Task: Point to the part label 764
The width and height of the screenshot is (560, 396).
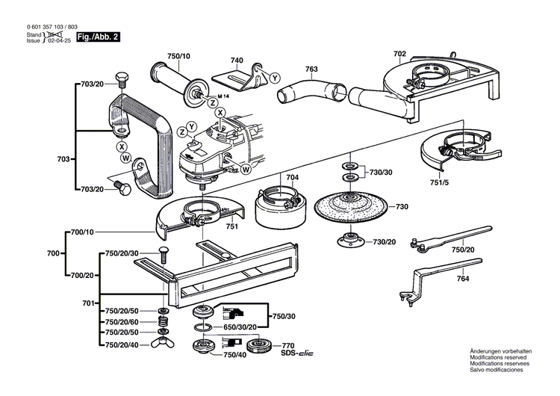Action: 464,279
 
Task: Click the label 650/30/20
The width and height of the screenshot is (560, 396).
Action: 235,327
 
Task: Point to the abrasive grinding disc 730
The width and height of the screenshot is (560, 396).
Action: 350,207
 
